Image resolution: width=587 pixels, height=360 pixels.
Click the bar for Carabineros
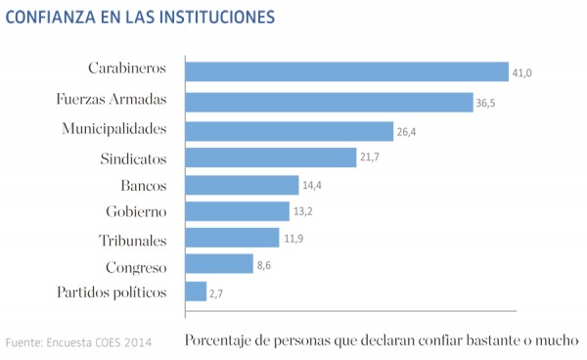pyautogui.click(x=347, y=71)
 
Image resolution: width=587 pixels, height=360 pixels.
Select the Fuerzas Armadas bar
pyautogui.click(x=329, y=102)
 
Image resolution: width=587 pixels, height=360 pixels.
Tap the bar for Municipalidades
pyautogui.click(x=290, y=130)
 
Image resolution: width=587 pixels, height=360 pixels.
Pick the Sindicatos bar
pyautogui.click(x=270, y=157)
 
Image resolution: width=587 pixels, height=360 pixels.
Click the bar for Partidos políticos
pyautogui.click(x=196, y=292)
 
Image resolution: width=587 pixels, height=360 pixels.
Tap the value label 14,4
pyautogui.click(x=312, y=185)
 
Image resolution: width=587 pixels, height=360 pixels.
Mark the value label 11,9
pyautogui.click(x=293, y=238)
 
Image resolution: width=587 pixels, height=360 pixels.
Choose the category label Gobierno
pyautogui.click(x=136, y=211)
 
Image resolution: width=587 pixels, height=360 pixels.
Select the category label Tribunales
pyautogui.click(x=133, y=239)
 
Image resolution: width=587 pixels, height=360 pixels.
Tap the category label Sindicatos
pyautogui.click(x=134, y=157)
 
